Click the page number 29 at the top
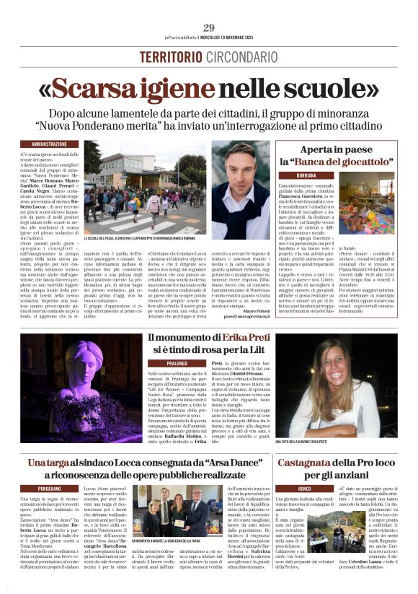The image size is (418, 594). pos(208,27)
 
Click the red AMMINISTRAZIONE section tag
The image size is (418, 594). pos(50,144)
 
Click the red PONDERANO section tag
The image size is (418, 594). pos(50,488)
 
